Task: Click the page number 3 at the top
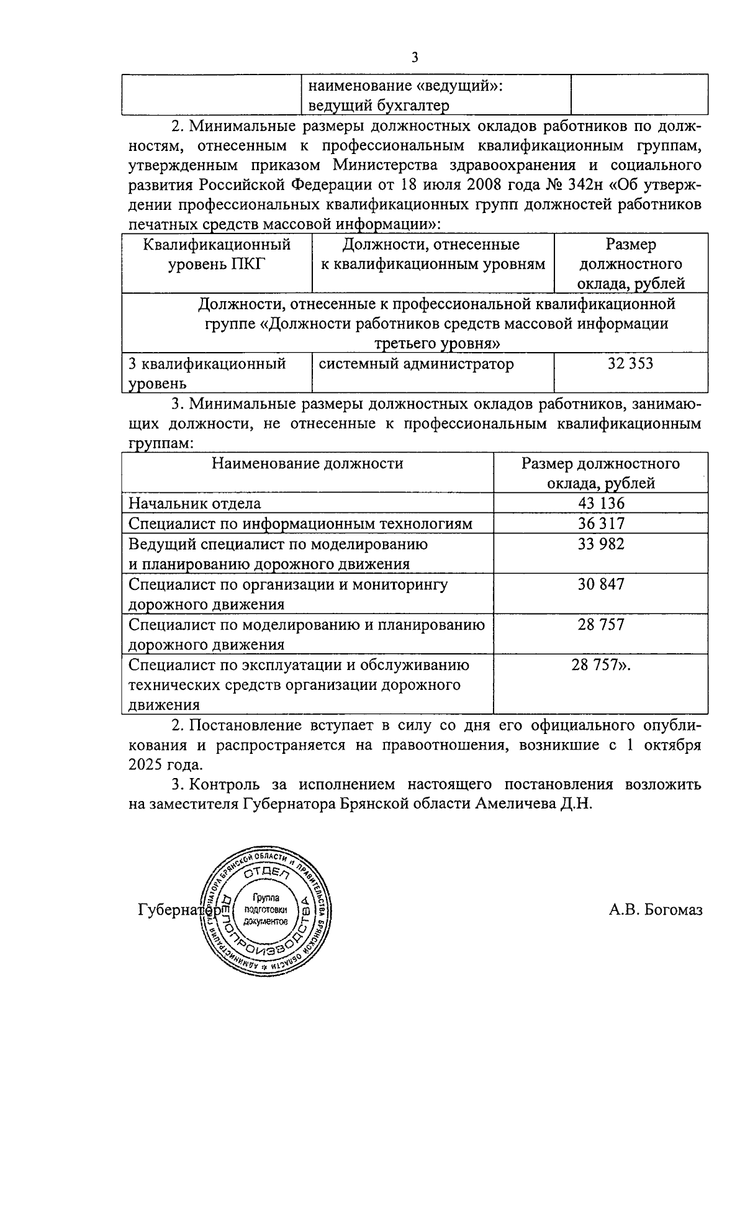[415, 58]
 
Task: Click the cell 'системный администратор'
[416, 364]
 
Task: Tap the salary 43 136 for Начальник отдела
[601, 504]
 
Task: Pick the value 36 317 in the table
[601, 523]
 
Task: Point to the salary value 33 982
[601, 544]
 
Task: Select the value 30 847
[601, 584]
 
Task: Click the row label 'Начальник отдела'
[195, 504]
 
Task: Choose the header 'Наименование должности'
[307, 463]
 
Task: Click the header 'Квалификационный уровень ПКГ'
[217, 254]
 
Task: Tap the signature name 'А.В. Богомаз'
[656, 911]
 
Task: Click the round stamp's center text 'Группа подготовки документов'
[266, 910]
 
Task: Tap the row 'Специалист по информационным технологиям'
[300, 523]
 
